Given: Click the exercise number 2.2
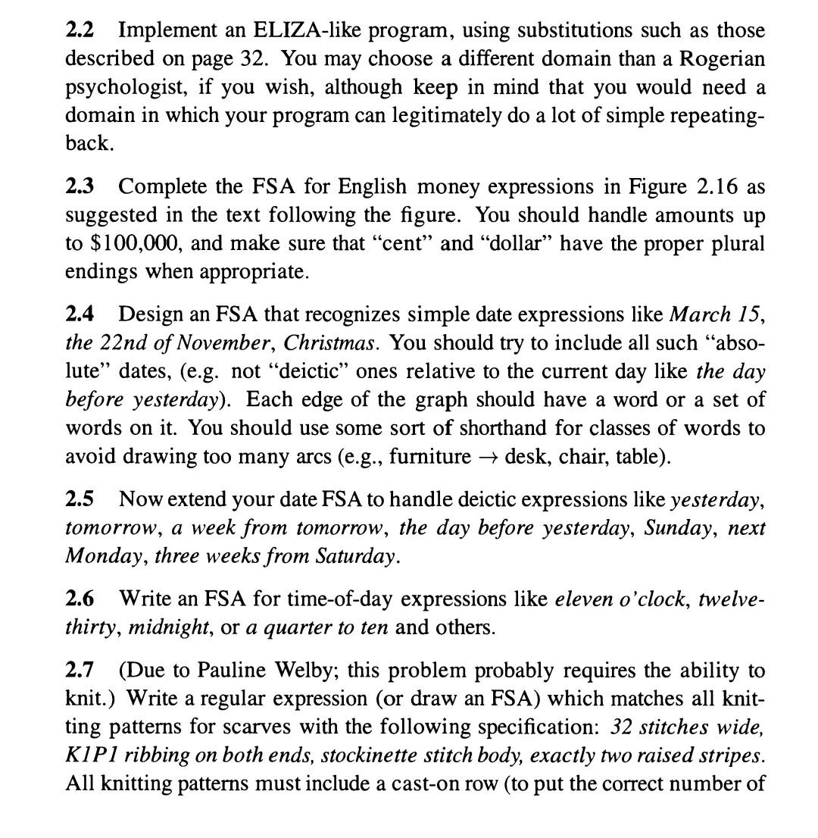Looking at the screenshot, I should click(x=80, y=31).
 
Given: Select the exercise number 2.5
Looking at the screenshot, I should click(x=80, y=500).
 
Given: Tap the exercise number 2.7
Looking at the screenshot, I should click(x=80, y=671).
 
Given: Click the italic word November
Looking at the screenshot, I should click(x=236, y=343).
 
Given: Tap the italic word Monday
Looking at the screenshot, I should click(x=105, y=557).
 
